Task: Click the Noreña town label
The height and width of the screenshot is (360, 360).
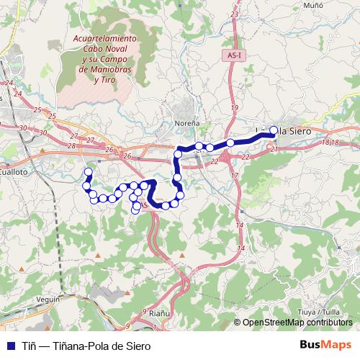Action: pos(187,123)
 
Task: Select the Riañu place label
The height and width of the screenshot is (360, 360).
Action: pos(158,313)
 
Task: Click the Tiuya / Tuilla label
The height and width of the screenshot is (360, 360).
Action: pos(318,312)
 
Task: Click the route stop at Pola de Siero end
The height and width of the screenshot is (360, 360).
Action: pos(274,130)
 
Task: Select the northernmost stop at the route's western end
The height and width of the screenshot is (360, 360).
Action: pos(89,172)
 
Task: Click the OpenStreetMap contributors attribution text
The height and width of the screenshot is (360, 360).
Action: pos(297,323)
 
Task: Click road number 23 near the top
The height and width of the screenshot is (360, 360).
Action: pos(234,14)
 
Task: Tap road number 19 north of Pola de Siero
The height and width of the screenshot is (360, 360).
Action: pos(233,108)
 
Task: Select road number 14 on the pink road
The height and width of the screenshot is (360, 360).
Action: pos(239,225)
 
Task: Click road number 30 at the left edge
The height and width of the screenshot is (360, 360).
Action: pos(24,127)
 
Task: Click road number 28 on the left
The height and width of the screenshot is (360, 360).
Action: pos(71,145)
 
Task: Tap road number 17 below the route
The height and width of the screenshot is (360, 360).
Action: pos(234,175)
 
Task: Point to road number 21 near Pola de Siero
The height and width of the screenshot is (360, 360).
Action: pos(273,149)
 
